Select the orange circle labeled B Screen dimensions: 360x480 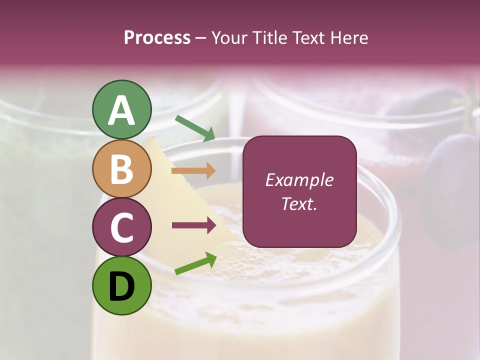point(122,169)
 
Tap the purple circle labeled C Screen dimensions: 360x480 point(122,227)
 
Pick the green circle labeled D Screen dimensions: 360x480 point(122,285)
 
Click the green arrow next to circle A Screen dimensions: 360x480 point(195,128)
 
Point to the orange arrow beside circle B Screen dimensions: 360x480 point(193,171)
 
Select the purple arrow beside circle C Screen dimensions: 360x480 point(194,225)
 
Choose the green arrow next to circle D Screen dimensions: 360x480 point(195,263)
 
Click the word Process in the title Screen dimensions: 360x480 point(157,38)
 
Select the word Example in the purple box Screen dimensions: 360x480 point(299,180)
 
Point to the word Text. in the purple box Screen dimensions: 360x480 point(299,204)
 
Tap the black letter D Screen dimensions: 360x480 point(122,286)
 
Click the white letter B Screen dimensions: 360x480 point(122,169)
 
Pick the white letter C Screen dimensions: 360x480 point(122,227)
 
